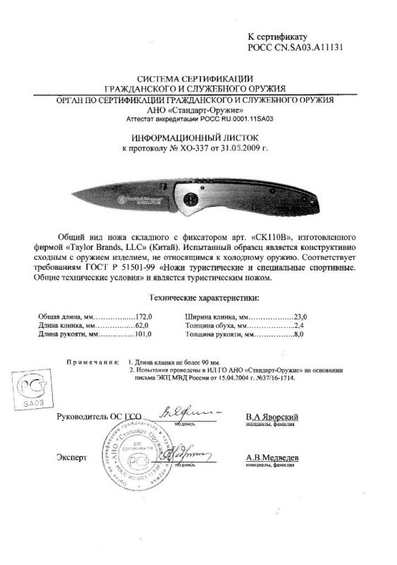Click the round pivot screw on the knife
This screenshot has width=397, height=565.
(x=190, y=201)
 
